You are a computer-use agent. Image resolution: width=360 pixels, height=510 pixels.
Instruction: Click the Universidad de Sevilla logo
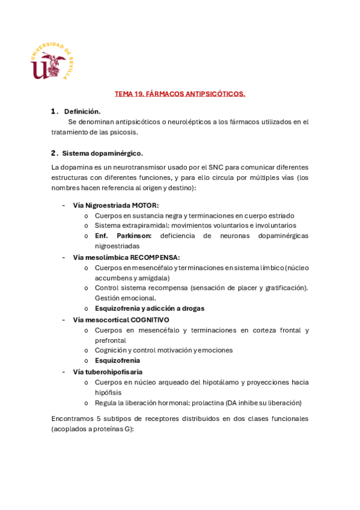point(53,62)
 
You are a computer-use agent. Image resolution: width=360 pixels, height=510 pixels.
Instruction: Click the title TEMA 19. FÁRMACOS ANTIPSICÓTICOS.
point(180,94)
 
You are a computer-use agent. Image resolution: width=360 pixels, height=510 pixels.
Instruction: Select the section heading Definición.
point(82,111)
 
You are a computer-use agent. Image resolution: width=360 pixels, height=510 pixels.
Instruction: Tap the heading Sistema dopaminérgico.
point(102,153)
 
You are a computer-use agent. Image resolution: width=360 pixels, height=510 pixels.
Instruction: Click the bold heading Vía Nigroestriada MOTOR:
point(116,205)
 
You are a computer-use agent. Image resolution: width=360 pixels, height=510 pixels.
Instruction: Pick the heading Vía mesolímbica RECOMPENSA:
point(126,257)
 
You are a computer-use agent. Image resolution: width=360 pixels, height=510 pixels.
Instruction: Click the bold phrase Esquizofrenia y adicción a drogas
point(150,309)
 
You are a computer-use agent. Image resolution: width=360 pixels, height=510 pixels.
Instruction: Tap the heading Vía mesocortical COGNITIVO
point(121,319)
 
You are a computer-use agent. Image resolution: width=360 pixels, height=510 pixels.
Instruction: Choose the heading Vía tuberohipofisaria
point(108,372)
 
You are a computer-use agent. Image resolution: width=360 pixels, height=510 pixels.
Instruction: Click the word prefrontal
point(110,340)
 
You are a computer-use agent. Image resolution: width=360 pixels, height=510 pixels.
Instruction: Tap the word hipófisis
point(108,393)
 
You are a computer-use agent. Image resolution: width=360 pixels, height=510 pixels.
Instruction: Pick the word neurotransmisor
point(120,167)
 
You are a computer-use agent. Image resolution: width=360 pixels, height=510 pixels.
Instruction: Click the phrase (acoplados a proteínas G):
point(93,429)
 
